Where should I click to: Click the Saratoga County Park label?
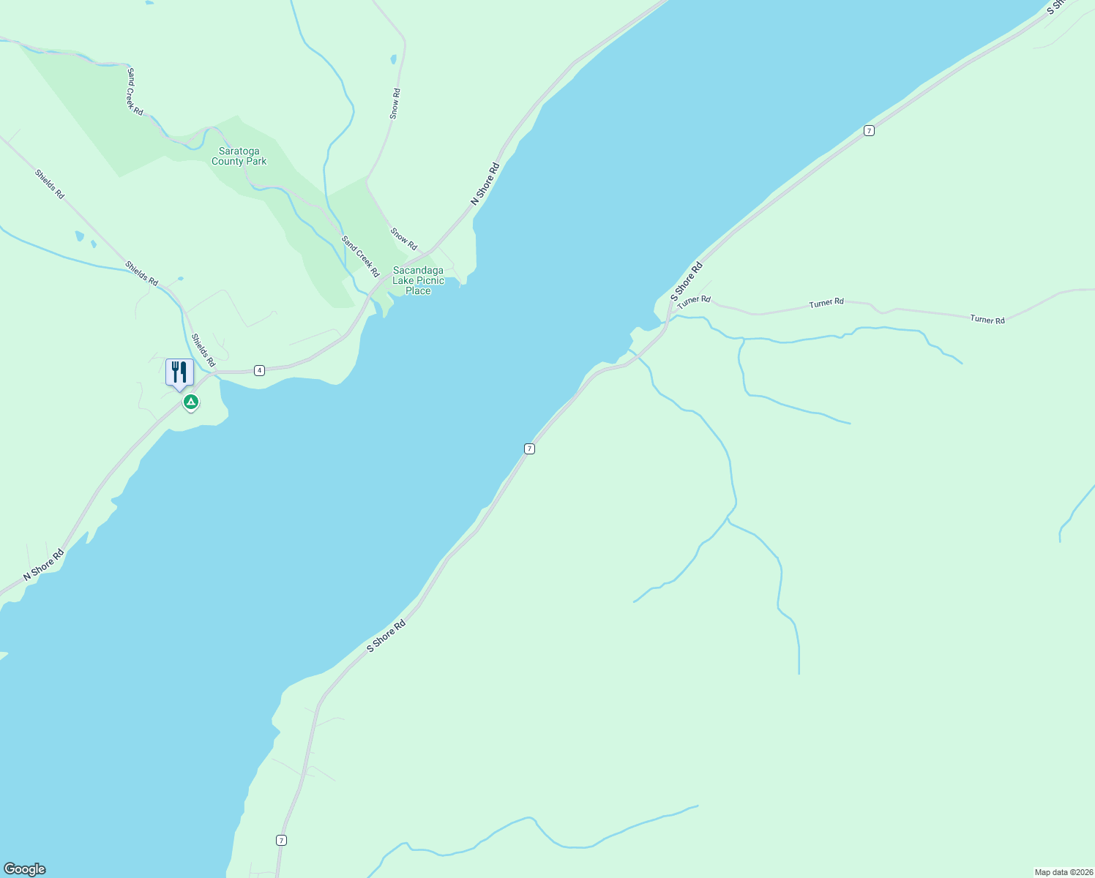coord(239,157)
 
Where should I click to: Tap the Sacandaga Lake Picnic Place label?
coord(418,280)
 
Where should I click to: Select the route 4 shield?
coord(260,371)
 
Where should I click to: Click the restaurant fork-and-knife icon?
coord(179,372)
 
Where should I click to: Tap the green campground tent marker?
coord(191,402)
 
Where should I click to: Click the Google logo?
coord(24,869)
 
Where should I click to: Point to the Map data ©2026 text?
coord(1063,872)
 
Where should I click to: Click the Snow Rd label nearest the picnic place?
coord(403,239)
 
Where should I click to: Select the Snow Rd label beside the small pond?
coord(395,104)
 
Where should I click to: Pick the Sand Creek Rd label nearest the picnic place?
coord(361,256)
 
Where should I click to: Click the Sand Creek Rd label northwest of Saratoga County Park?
coord(135,91)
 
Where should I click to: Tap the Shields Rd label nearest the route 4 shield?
coord(203,350)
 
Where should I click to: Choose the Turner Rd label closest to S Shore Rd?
coord(694,301)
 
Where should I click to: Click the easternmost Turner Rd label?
coord(987,319)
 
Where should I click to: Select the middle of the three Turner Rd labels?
coord(826,302)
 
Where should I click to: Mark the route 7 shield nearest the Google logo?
coord(281,840)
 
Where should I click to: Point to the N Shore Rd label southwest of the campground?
coord(43,565)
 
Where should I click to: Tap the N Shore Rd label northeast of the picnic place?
coord(485,183)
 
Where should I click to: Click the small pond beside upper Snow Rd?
coord(393,59)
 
